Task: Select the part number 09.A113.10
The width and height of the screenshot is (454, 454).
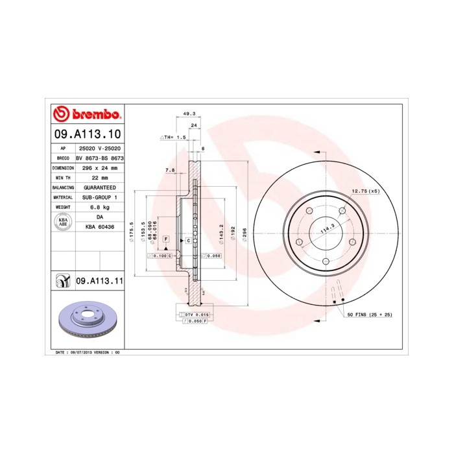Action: pos(86,135)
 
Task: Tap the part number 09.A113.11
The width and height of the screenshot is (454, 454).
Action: pos(99,281)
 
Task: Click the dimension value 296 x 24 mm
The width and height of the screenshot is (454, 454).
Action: pos(99,167)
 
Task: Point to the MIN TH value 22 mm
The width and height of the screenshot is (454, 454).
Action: pos(99,177)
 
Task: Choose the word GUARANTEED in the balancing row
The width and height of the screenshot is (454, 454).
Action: pos(99,187)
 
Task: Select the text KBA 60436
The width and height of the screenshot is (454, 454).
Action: pos(99,226)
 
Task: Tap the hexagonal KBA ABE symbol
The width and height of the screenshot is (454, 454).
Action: pos(63,222)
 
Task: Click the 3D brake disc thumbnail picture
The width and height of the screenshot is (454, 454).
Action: pos(86,320)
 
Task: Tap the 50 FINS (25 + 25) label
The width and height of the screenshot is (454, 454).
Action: pos(369,315)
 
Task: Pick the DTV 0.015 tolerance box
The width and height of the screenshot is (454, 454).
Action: pos(193,315)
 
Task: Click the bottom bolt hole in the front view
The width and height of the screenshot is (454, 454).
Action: pos(324,261)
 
